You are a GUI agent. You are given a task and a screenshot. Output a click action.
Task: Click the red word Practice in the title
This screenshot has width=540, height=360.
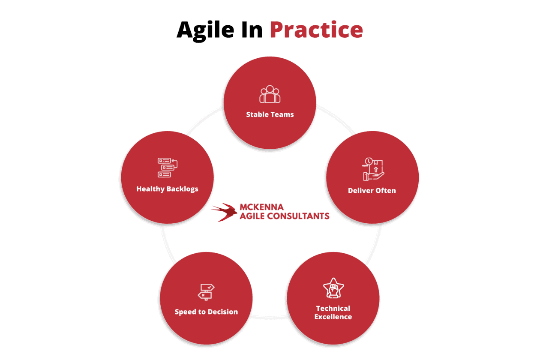(316, 30)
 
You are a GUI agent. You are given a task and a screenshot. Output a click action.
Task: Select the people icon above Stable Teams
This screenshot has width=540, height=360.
(270, 94)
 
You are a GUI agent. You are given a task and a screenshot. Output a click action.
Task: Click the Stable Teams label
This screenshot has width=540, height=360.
(270, 114)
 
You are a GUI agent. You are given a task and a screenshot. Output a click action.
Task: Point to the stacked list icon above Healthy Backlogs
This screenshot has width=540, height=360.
(168, 168)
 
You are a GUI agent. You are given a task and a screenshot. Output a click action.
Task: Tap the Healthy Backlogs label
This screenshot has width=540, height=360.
(167, 189)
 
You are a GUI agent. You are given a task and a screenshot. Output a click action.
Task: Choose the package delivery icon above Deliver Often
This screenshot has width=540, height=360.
(373, 169)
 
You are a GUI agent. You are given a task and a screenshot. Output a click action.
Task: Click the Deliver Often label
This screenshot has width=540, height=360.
(372, 190)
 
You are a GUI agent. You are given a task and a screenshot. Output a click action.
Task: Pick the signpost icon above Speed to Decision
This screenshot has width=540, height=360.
(206, 292)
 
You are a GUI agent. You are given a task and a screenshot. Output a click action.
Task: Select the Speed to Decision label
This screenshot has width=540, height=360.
(206, 312)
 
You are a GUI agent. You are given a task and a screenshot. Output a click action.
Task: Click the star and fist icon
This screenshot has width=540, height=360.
(333, 288)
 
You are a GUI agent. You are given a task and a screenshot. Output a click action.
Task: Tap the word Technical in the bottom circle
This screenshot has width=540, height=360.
(333, 309)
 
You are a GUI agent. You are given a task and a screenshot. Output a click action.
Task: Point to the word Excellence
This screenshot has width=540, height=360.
(333, 317)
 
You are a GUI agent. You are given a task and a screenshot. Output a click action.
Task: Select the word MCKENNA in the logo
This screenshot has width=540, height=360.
(261, 207)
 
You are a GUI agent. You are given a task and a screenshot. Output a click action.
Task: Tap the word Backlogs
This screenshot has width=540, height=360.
(183, 189)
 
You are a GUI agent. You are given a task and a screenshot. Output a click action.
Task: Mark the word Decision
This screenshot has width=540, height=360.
(223, 312)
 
